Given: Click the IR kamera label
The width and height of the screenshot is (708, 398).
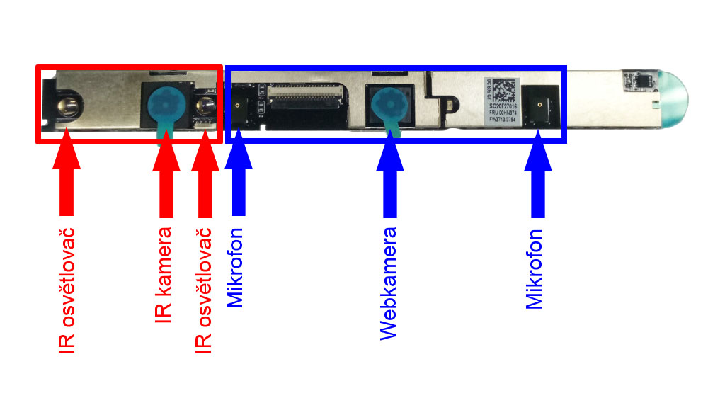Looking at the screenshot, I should tap(164, 275).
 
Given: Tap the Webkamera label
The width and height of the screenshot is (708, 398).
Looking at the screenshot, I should tap(388, 283).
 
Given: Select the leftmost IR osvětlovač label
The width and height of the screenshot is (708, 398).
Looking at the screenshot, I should tap(67, 290).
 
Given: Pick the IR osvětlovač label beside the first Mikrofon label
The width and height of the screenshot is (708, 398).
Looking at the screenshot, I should tap(203, 290).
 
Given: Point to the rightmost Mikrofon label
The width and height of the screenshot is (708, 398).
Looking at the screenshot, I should tap(535, 269).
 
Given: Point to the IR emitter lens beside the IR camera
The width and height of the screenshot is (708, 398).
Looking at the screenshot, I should tap(204, 108).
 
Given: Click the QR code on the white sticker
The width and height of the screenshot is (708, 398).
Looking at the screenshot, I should tap(503, 90).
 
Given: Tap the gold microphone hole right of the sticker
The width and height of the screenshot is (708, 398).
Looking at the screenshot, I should tap(540, 105).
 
